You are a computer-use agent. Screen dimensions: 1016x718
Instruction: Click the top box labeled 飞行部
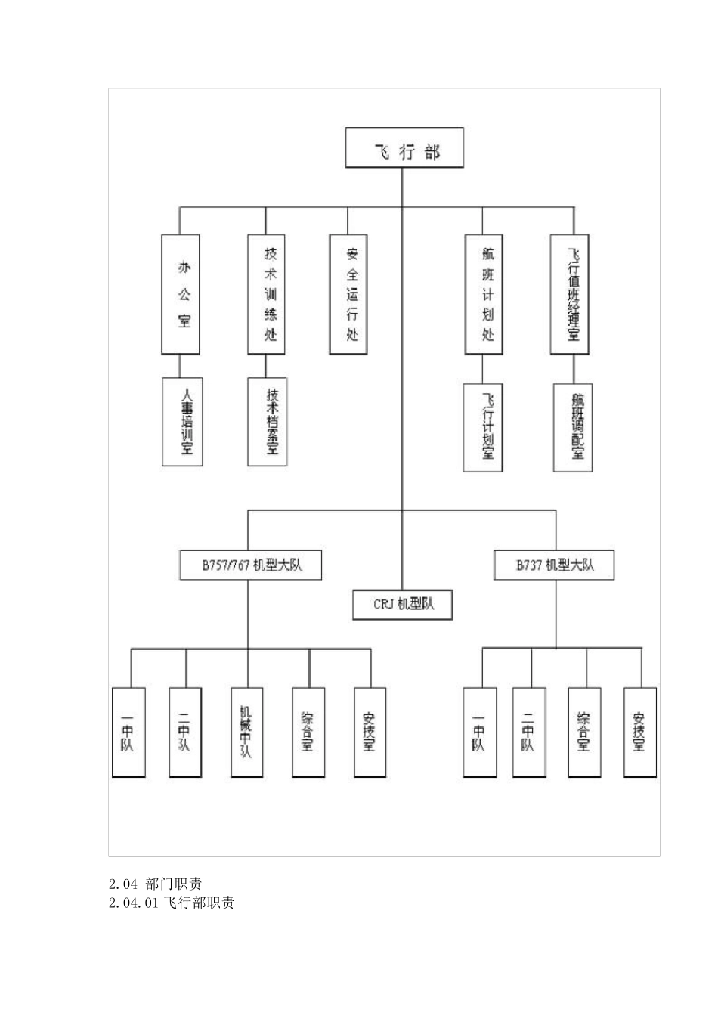click(x=404, y=148)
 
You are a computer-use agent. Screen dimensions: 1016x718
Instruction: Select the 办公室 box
click(x=181, y=294)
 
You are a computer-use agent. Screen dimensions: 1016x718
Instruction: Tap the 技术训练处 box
click(x=267, y=294)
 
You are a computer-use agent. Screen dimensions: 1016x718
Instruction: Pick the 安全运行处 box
click(x=348, y=294)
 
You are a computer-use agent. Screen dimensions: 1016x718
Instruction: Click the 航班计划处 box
click(x=484, y=294)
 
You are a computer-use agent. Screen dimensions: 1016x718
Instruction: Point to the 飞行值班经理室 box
click(x=571, y=294)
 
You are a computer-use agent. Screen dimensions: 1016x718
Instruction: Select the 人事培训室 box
click(x=182, y=421)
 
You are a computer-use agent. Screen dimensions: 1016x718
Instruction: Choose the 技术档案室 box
click(x=268, y=421)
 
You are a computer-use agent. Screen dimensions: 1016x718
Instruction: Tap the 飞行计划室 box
click(x=483, y=427)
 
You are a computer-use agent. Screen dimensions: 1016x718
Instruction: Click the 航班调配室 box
click(x=573, y=427)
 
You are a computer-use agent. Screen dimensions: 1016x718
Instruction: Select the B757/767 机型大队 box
click(x=251, y=565)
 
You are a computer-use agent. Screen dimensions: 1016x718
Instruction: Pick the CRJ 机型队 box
click(x=403, y=604)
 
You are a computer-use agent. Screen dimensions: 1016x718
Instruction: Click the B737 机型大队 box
click(x=554, y=565)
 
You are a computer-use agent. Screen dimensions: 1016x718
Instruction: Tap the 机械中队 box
click(x=247, y=732)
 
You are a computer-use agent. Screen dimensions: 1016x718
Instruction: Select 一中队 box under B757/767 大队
click(x=128, y=732)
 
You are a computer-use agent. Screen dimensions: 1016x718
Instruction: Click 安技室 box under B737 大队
click(x=640, y=732)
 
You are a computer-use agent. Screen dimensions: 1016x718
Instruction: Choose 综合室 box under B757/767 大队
click(x=308, y=732)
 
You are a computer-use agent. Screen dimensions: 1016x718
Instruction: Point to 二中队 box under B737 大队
click(x=529, y=732)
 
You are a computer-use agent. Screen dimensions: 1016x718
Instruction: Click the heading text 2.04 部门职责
click(x=155, y=883)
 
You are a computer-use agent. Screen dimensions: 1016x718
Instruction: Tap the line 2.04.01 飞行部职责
click(x=172, y=903)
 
